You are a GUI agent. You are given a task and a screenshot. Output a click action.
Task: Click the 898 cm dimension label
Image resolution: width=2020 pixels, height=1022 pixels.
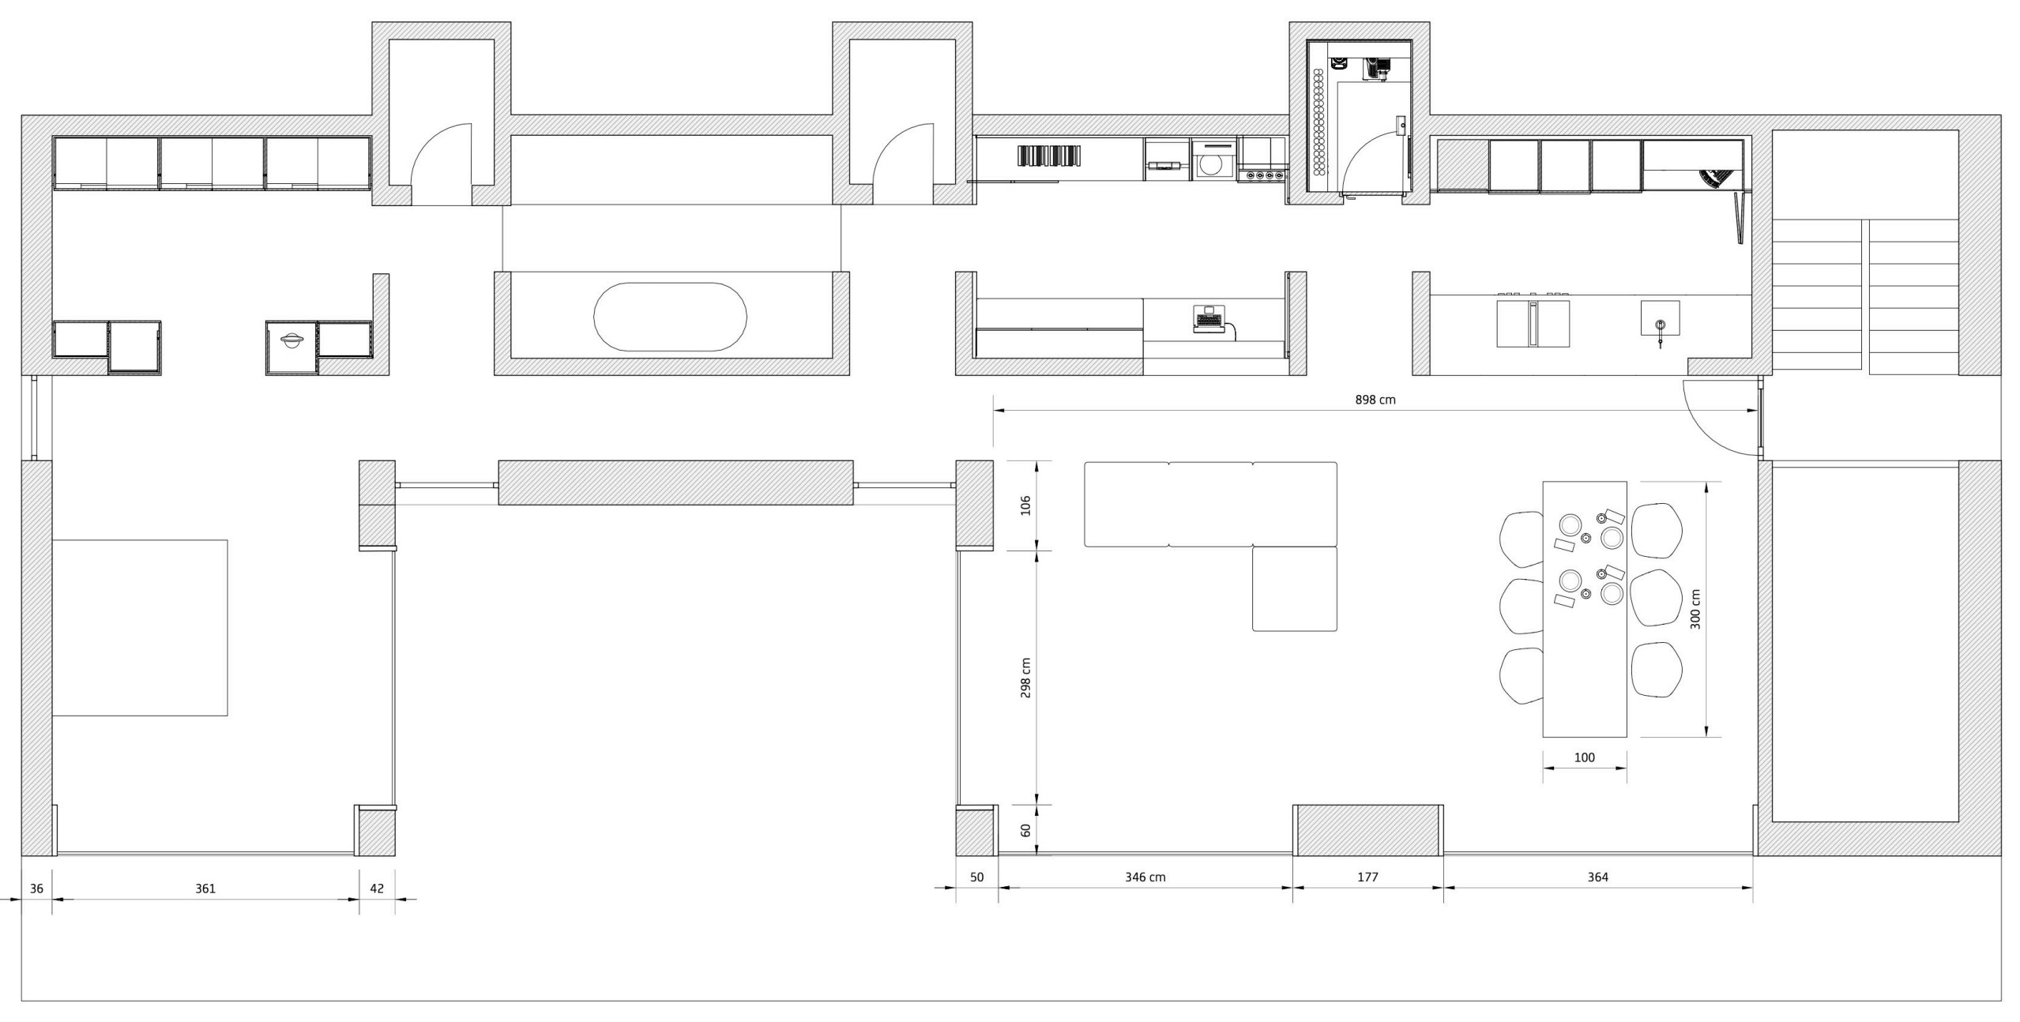click(1375, 400)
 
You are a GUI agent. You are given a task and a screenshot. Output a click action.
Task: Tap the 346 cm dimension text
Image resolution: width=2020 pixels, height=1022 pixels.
click(1145, 877)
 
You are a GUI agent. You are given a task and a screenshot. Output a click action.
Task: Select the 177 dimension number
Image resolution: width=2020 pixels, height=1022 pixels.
click(1367, 877)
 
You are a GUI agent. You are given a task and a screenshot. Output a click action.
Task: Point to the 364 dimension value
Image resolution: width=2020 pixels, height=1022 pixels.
click(1597, 877)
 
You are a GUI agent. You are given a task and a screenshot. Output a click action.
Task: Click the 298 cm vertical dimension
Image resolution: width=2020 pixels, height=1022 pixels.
click(1025, 678)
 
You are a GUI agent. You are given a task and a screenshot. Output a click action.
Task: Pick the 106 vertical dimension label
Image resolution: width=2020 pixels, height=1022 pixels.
click(1025, 505)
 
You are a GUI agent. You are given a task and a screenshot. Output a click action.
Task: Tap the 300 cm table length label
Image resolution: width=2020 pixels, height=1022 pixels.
click(1695, 609)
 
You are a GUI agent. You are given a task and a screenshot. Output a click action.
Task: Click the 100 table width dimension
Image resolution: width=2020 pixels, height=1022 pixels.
click(1584, 757)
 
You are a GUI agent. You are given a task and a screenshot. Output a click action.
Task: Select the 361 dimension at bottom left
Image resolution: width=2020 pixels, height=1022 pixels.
click(205, 889)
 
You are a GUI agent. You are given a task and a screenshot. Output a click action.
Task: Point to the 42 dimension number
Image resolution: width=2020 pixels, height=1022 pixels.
click(377, 889)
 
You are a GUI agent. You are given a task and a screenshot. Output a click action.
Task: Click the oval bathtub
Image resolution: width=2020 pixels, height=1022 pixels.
click(670, 317)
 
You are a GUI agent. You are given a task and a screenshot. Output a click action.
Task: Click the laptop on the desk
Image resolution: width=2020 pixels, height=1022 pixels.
click(1207, 319)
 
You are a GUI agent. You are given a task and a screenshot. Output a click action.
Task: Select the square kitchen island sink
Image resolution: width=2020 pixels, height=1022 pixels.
click(1660, 318)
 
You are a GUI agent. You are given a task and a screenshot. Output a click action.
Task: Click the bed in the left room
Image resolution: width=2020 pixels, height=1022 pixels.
click(140, 628)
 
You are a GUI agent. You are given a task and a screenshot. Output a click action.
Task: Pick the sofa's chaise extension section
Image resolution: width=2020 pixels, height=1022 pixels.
click(1294, 589)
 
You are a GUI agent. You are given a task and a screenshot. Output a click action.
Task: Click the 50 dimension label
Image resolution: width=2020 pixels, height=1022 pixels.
click(976, 877)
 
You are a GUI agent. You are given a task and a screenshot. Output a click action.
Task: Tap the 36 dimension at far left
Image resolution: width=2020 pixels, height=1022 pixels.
click(36, 889)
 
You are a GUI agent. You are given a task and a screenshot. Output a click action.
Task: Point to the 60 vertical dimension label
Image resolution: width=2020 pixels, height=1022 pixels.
click(1025, 830)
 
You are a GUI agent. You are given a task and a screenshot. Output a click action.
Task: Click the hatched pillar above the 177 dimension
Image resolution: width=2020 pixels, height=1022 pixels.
click(1367, 830)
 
